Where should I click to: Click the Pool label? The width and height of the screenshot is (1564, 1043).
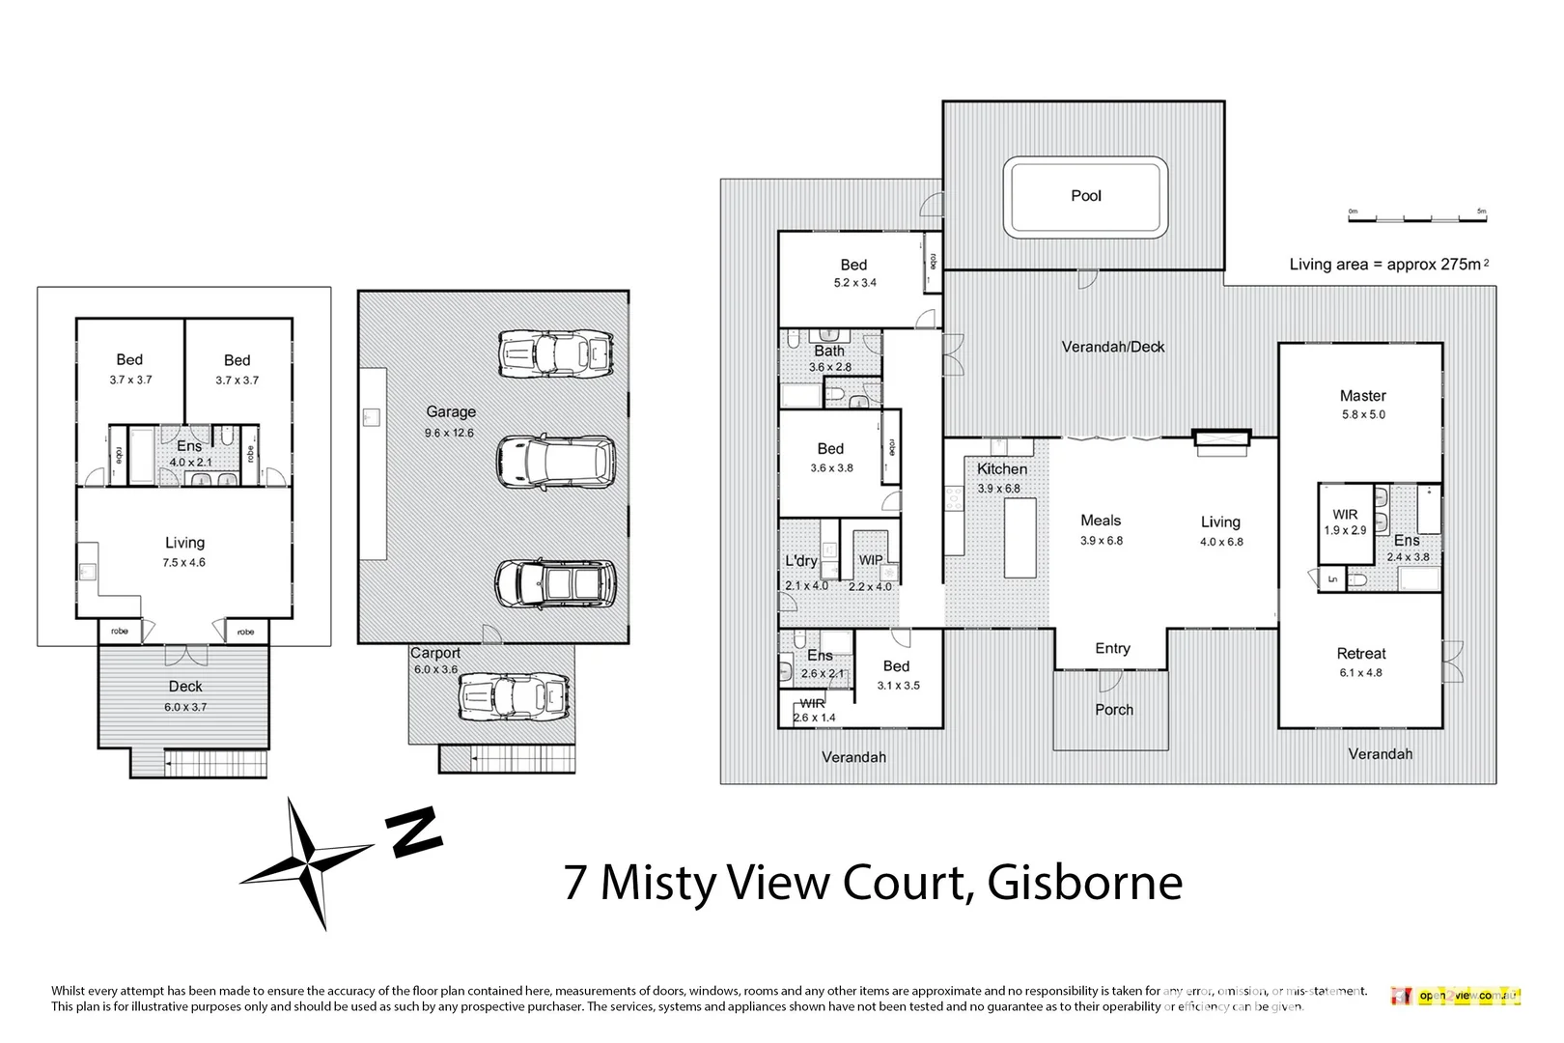click(x=1085, y=196)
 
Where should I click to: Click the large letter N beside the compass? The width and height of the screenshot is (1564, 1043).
click(x=414, y=832)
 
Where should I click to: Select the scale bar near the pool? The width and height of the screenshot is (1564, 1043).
click(x=1417, y=216)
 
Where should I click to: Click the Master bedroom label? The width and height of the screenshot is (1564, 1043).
click(x=1362, y=396)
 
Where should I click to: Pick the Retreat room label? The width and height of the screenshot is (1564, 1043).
click(x=1360, y=654)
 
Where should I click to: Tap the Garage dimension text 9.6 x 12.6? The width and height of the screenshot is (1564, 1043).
click(x=449, y=433)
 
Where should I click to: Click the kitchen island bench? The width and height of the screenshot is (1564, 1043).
click(x=1019, y=538)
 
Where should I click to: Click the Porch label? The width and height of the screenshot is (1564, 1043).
click(x=1113, y=710)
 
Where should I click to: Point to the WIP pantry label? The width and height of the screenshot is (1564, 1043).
click(x=871, y=560)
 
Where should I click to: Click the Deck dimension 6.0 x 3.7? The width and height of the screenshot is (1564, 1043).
click(x=185, y=707)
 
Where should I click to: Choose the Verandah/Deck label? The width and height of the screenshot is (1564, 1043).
click(x=1112, y=347)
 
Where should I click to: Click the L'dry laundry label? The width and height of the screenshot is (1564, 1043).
click(x=800, y=561)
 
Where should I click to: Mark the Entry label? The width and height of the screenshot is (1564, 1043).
click(x=1112, y=649)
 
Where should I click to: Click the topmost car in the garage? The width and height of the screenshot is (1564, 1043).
click(x=555, y=353)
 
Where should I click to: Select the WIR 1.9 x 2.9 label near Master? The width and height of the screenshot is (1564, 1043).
click(x=1345, y=522)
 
